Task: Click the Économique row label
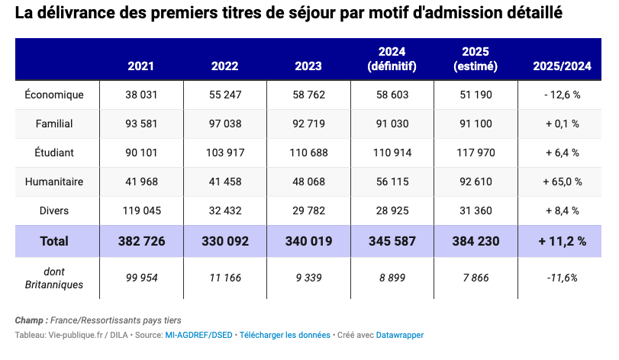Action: pyautogui.click(x=54, y=95)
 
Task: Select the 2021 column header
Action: pyautogui.click(x=141, y=66)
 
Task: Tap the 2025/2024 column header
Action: pyautogui.click(x=563, y=66)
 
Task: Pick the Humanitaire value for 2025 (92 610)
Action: pyautogui.click(x=476, y=182)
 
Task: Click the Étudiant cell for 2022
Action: pyautogui.click(x=225, y=153)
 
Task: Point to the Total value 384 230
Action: pyautogui.click(x=476, y=241)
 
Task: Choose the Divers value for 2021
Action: pyautogui.click(x=142, y=211)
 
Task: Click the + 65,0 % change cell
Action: pyautogui.click(x=563, y=182)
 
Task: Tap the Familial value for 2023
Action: pyautogui.click(x=308, y=124)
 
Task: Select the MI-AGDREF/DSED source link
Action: pyautogui.click(x=198, y=335)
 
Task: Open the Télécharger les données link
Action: pyautogui.click(x=285, y=335)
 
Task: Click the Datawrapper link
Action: pyautogui.click(x=399, y=335)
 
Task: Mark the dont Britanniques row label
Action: pyautogui.click(x=54, y=278)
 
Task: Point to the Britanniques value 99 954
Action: pyautogui.click(x=141, y=278)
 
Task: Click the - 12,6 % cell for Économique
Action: pyautogui.click(x=563, y=95)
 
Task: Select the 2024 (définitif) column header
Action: pyautogui.click(x=392, y=59)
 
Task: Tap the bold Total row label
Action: pyautogui.click(x=54, y=241)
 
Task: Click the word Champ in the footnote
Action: pyautogui.click(x=29, y=320)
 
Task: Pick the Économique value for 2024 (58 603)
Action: pyautogui.click(x=392, y=95)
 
